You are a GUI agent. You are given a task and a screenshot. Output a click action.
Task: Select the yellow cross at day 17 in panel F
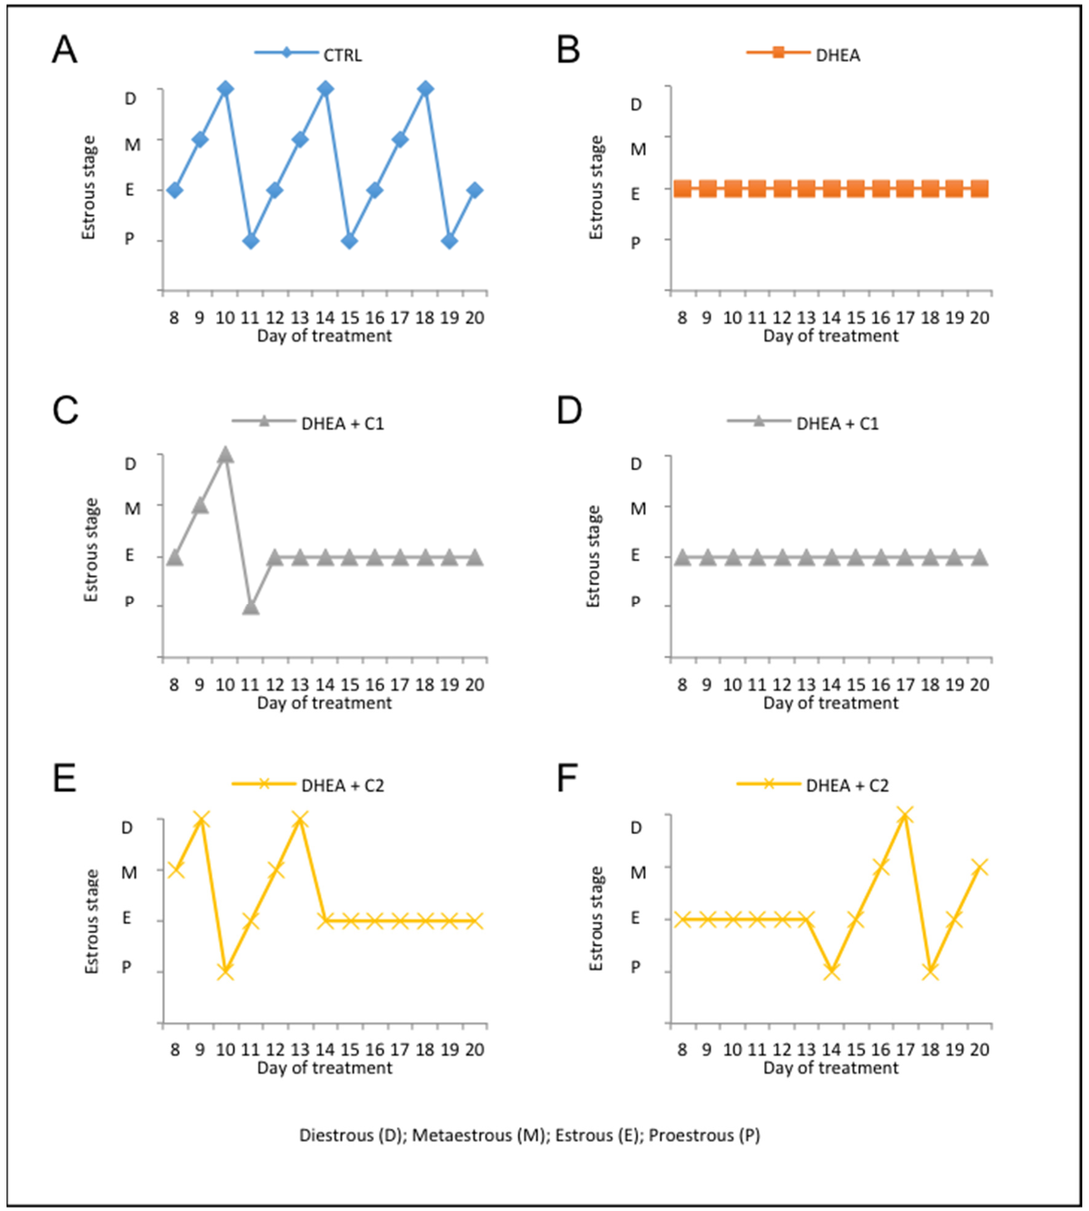(x=905, y=815)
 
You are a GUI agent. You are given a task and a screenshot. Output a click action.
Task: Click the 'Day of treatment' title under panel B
(x=831, y=336)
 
